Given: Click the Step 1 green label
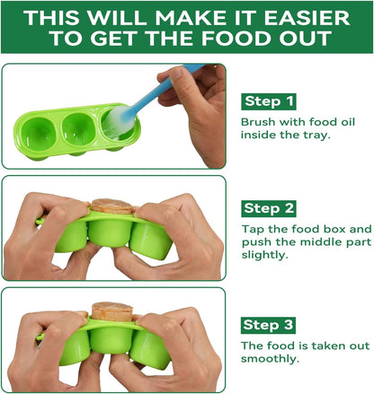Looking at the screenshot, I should tap(269, 101).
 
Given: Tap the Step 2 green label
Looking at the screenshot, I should tap(269, 208).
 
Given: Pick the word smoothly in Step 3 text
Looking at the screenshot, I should tap(271, 358).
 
